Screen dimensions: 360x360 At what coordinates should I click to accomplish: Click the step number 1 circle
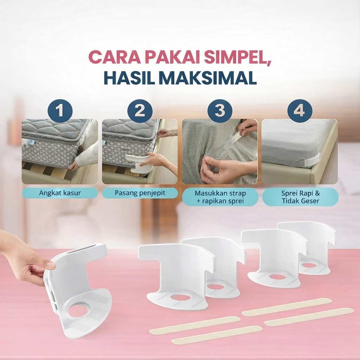click(x=60, y=111)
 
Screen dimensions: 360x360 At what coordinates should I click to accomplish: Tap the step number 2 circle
click(x=140, y=111)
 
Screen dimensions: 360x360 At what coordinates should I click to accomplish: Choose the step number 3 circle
click(x=220, y=111)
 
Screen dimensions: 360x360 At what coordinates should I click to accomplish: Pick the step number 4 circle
click(x=300, y=111)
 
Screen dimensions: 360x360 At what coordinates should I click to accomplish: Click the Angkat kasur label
click(x=60, y=193)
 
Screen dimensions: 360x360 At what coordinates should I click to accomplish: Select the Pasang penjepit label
click(x=140, y=193)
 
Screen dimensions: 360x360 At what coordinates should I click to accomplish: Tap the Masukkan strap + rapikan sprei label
click(x=220, y=197)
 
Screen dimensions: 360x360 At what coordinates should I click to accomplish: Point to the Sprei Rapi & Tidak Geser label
click(x=300, y=197)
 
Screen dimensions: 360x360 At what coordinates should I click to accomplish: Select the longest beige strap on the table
click(x=309, y=317)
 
